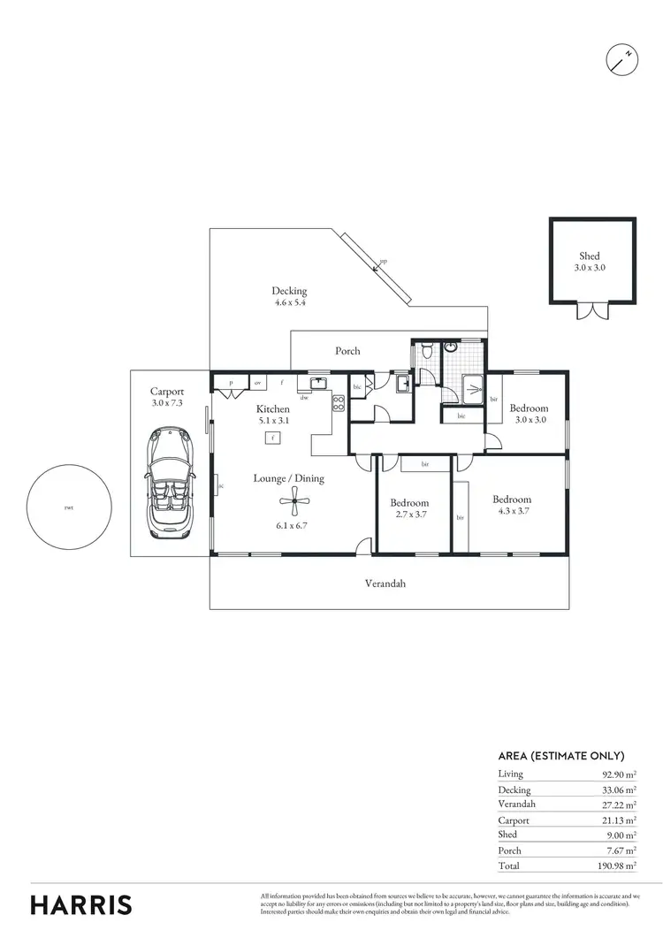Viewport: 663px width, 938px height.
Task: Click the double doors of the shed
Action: point(590,310)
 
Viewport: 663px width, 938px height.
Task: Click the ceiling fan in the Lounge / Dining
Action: point(293,505)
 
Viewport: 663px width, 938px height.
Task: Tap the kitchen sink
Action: point(316,383)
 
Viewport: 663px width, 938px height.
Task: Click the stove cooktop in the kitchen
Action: point(338,404)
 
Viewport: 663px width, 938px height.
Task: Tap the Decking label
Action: point(289,291)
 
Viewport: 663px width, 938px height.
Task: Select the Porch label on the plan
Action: point(347,351)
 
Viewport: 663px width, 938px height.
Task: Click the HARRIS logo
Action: point(81,904)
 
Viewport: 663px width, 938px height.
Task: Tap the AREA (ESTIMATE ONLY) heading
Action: point(561,756)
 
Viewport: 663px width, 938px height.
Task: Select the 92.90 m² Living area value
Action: point(620,774)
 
